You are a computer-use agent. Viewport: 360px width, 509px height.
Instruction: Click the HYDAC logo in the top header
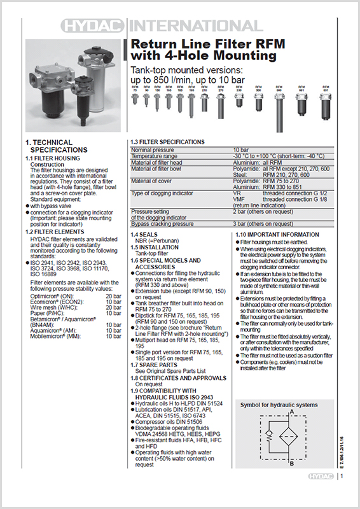click(x=94, y=26)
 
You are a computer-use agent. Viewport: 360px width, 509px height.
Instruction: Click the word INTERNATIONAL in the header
click(x=196, y=26)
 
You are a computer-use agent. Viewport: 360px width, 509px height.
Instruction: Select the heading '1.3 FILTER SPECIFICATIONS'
click(x=168, y=141)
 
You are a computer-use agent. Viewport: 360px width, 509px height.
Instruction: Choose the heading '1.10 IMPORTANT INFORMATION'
click(x=277, y=235)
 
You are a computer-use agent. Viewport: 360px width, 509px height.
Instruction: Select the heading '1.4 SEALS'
click(x=144, y=235)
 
